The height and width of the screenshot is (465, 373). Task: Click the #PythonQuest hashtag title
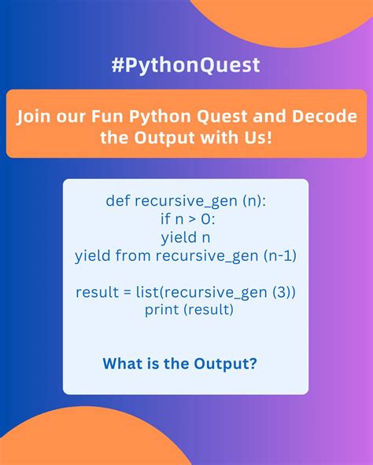tap(186, 64)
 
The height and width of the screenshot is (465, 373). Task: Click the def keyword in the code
tap(118, 201)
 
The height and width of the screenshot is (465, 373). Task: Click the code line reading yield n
tap(186, 236)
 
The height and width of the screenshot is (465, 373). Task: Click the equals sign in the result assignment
tap(125, 292)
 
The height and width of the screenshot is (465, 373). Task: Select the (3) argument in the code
tap(281, 292)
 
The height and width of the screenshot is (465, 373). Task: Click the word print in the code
tap(161, 310)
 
